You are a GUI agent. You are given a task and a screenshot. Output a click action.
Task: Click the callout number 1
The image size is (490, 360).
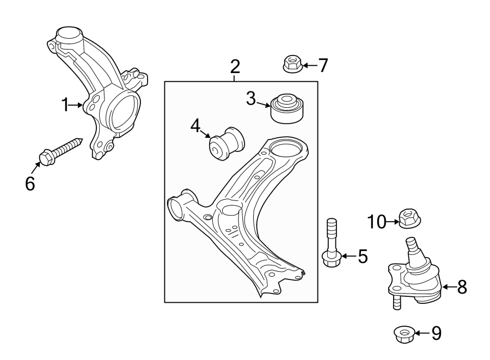click(x=65, y=105)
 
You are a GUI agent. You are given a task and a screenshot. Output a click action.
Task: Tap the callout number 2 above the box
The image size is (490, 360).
click(x=235, y=66)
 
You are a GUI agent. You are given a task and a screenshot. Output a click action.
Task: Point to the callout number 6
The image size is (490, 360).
click(x=30, y=184)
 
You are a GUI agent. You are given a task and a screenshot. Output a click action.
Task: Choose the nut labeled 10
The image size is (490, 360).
click(x=408, y=218)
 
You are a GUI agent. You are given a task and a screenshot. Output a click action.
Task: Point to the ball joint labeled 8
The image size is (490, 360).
click(x=416, y=275)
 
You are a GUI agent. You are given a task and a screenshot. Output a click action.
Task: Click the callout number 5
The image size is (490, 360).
click(x=363, y=256)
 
